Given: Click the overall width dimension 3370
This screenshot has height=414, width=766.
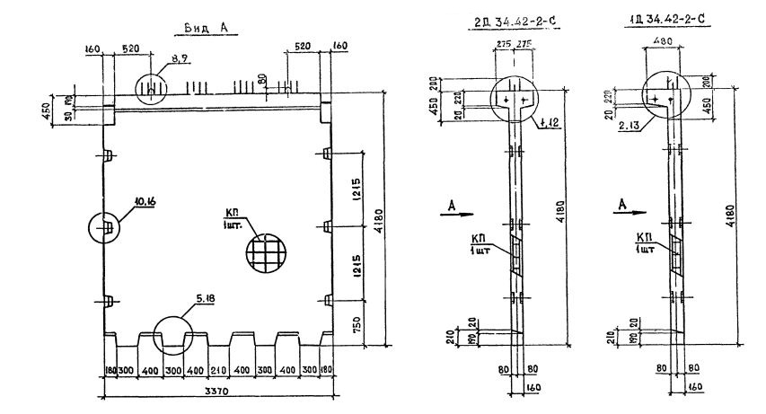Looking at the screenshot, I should (214, 391).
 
